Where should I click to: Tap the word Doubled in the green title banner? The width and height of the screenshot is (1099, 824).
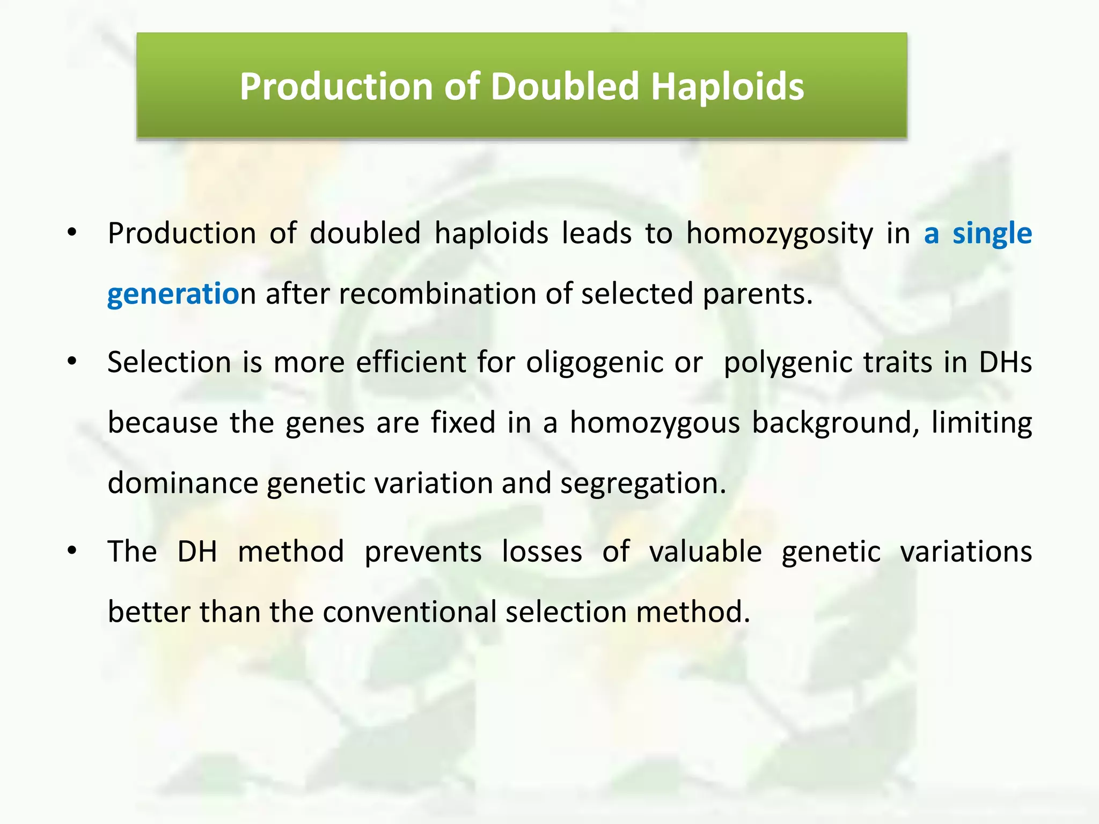pyautogui.click(x=565, y=87)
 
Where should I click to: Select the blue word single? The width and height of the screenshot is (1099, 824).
pyautogui.click(x=992, y=234)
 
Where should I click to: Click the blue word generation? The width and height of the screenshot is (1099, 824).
pyautogui.click(x=174, y=295)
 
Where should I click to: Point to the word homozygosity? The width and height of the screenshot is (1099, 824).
pyautogui.click(x=779, y=234)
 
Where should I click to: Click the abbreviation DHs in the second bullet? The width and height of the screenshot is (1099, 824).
pyautogui.click(x=1005, y=362)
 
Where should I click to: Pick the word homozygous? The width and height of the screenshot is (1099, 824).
pyautogui.click(x=655, y=423)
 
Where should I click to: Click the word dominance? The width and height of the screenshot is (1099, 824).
pyautogui.click(x=183, y=483)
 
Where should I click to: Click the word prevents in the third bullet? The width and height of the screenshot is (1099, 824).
pyautogui.click(x=423, y=552)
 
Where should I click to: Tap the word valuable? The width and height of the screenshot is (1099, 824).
pyautogui.click(x=705, y=552)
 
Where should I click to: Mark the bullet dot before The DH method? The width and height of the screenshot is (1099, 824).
pyautogui.click(x=72, y=551)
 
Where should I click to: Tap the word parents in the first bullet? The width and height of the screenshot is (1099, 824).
pyautogui.click(x=757, y=295)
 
